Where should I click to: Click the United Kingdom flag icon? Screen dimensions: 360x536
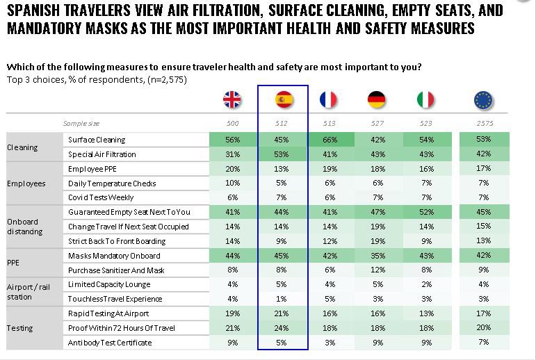[x=232, y=100]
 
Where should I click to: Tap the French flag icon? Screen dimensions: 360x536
[x=328, y=100]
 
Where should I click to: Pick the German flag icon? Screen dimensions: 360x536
[x=377, y=100]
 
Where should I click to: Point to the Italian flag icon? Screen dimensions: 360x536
[x=425, y=100]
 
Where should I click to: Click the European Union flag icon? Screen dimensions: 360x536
[x=483, y=100]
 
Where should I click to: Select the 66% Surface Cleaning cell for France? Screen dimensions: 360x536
[x=329, y=140]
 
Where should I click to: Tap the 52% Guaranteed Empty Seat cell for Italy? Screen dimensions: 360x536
[x=425, y=212]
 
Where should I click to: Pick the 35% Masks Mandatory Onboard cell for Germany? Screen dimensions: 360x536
[x=377, y=255]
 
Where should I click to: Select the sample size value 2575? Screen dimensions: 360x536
[x=483, y=123]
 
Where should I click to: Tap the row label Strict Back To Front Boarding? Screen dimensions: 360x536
[x=117, y=241]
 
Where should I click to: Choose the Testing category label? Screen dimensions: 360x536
[x=19, y=328]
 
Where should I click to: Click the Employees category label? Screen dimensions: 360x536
[x=26, y=183]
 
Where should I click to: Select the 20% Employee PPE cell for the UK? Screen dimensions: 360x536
[x=232, y=169]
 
